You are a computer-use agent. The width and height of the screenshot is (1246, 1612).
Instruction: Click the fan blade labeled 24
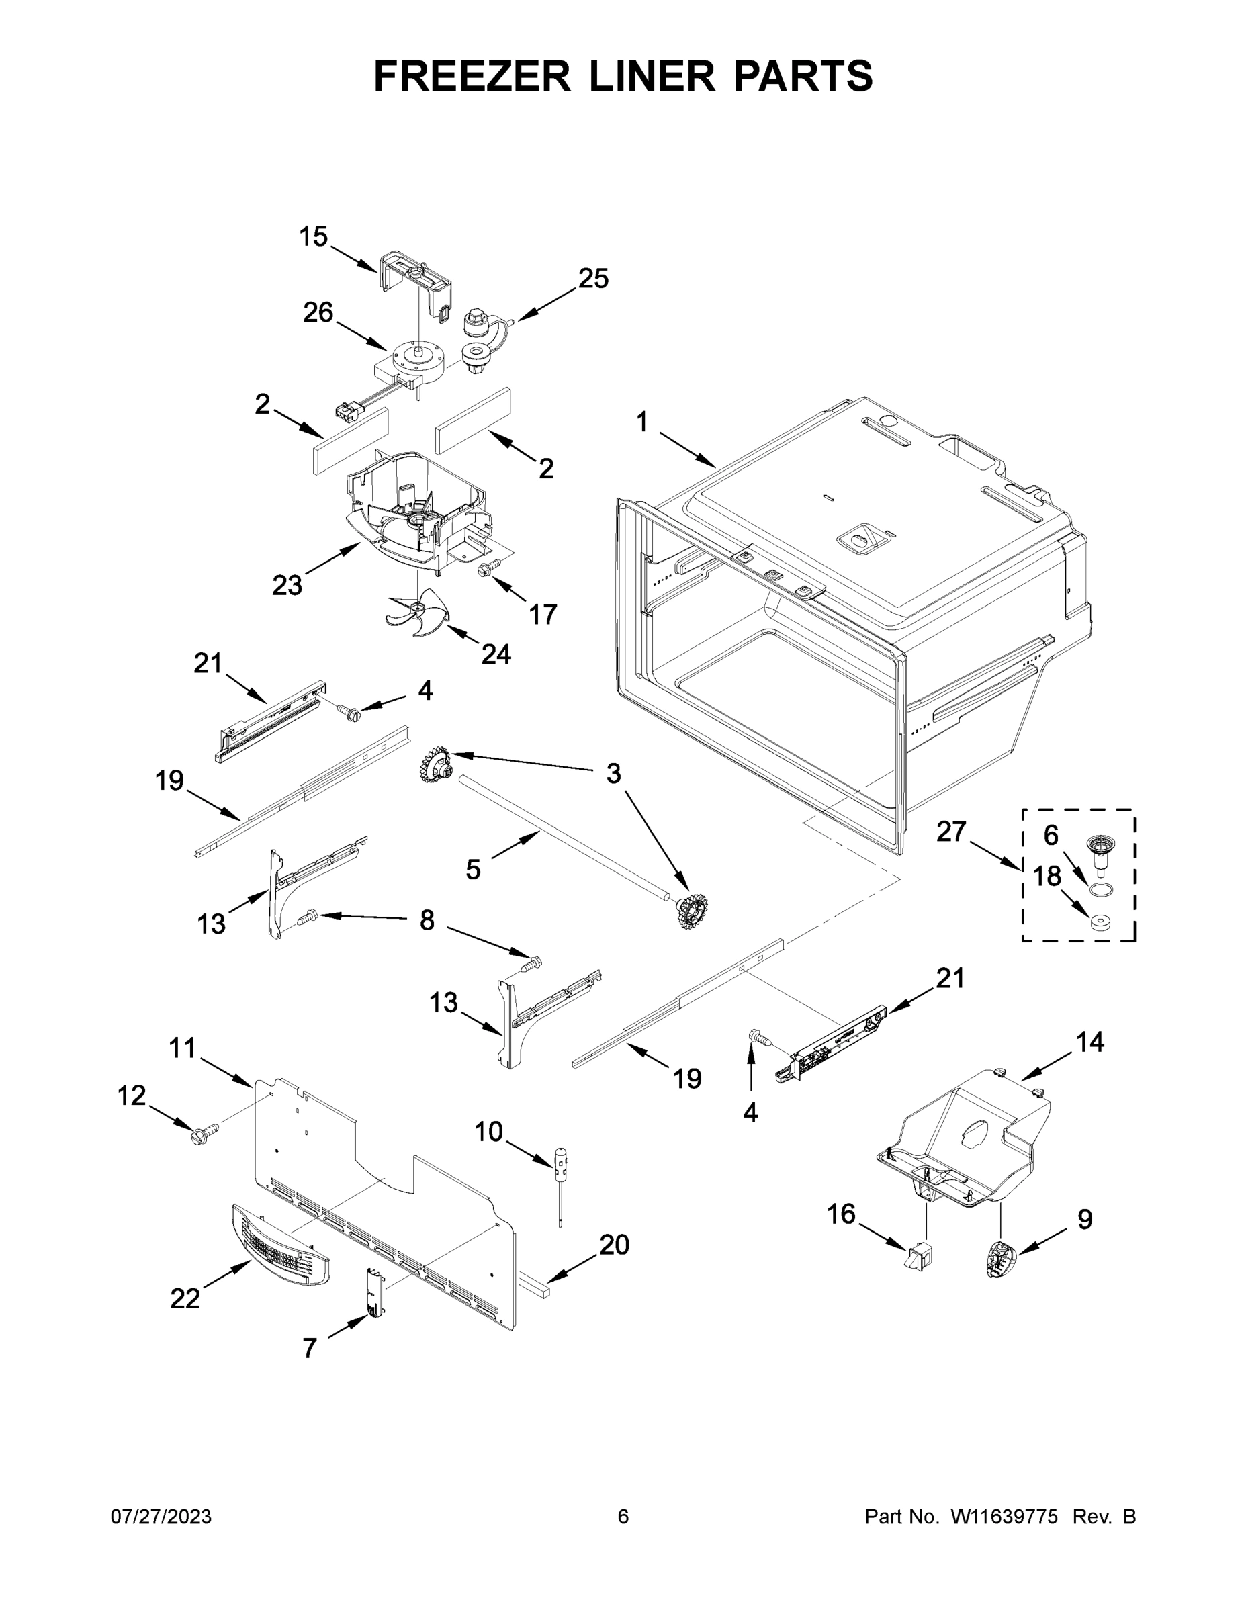coord(418,614)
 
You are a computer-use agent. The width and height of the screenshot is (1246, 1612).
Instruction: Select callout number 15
coord(313,237)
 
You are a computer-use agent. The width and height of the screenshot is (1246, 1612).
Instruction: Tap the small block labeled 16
coord(919,1255)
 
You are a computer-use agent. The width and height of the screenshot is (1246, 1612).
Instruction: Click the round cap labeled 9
coord(1001,1258)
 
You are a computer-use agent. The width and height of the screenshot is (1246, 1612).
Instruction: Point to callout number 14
coord(1089,1042)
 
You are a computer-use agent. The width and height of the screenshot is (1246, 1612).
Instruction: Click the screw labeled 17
coord(487,569)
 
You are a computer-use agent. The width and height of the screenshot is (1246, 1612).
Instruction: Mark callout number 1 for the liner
coord(641,422)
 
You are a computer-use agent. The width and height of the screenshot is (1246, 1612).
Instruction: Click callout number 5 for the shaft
coord(473,870)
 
